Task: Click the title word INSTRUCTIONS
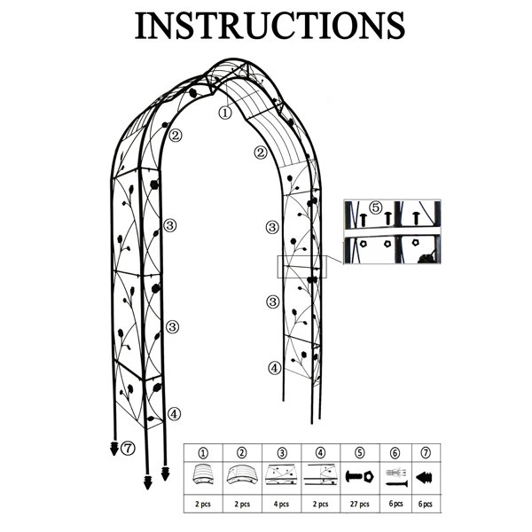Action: (270, 26)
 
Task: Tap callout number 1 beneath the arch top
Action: (225, 113)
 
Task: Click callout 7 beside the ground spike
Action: (128, 448)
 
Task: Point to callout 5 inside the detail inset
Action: (376, 207)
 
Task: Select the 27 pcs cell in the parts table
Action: (360, 505)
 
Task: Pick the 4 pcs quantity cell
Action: (281, 505)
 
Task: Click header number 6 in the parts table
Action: (395, 453)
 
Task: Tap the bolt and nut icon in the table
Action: (360, 477)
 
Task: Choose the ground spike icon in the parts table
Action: (425, 477)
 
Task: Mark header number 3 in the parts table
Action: (282, 453)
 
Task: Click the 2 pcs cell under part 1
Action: (203, 505)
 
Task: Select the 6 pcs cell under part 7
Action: (425, 505)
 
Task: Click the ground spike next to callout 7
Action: (114, 449)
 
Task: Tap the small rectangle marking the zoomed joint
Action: (302, 267)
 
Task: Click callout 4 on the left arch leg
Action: (174, 413)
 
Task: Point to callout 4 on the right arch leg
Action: (275, 368)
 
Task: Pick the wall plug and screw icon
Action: (396, 477)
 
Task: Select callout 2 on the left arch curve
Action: (175, 136)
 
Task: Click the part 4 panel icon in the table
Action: (321, 474)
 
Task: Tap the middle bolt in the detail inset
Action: (387, 218)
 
